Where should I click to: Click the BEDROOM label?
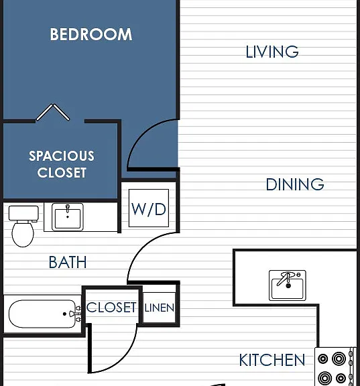pyautogui.click(x=91, y=34)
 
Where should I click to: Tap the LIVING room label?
pyautogui.click(x=272, y=52)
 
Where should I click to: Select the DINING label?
pyautogui.click(x=295, y=184)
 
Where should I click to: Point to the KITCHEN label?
pyautogui.click(x=272, y=360)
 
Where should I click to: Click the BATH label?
pyautogui.click(x=68, y=262)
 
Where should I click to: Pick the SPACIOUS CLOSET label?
pyautogui.click(x=62, y=164)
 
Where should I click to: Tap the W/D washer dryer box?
pyautogui.click(x=149, y=208)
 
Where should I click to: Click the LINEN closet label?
pyautogui.click(x=160, y=308)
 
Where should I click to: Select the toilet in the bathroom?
pyautogui.click(x=23, y=226)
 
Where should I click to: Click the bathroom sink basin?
pyautogui.click(x=68, y=217)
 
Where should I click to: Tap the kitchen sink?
pyautogui.click(x=288, y=285)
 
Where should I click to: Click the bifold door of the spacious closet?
pyautogui.click(x=53, y=112)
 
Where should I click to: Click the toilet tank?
pyautogui.click(x=23, y=213)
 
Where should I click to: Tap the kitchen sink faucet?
pyautogui.click(x=285, y=279)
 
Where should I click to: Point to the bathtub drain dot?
pyautogui.click(x=64, y=314)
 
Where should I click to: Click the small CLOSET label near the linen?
pyautogui.click(x=111, y=307)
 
